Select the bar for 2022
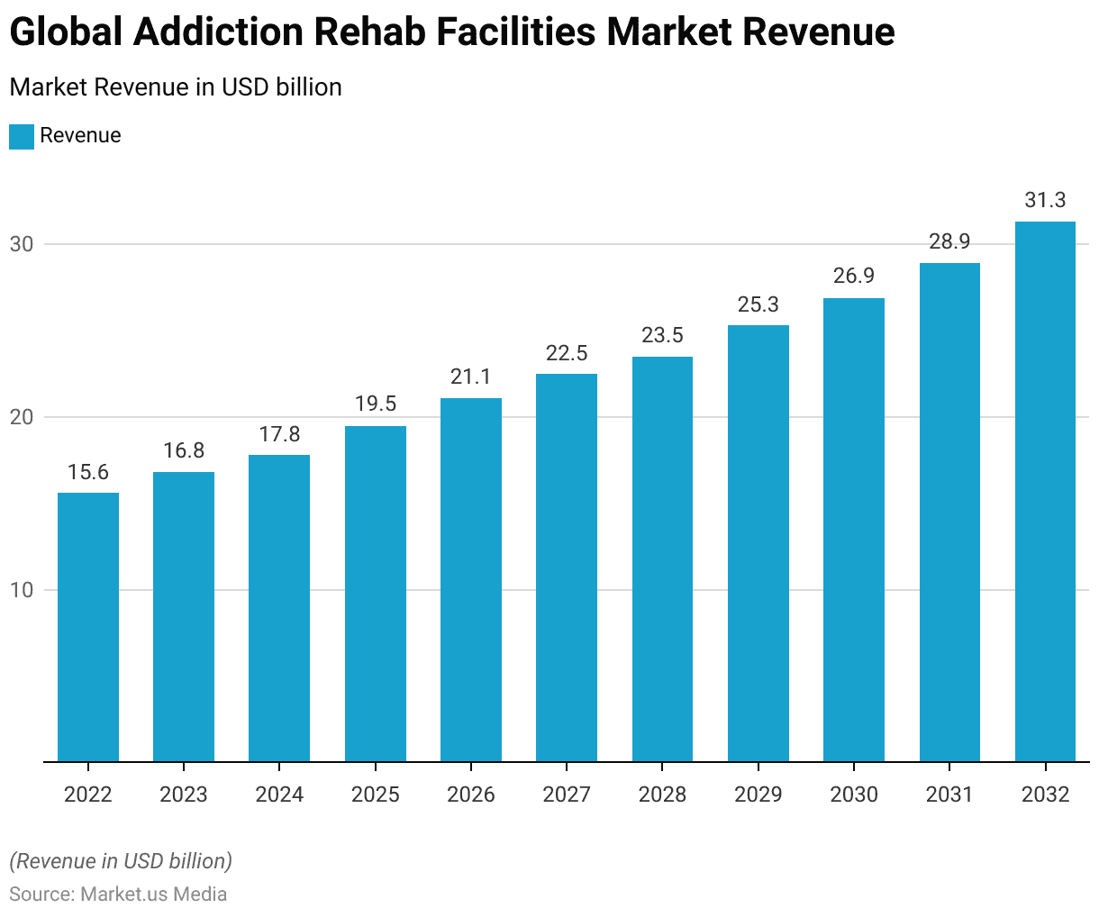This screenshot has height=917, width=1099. pyautogui.click(x=88, y=627)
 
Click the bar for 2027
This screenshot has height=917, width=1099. pyautogui.click(x=567, y=567)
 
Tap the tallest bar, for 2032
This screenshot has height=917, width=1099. pyautogui.click(x=1045, y=492)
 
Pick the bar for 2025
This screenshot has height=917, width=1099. pyautogui.click(x=376, y=594)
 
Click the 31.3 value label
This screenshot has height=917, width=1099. pyautogui.click(x=1045, y=200)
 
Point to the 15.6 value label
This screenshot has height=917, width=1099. pyautogui.click(x=88, y=472)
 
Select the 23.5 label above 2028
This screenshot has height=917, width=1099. pyautogui.click(x=662, y=335)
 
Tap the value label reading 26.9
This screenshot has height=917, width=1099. pyautogui.click(x=854, y=276)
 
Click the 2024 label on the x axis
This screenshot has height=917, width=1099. pyautogui.click(x=279, y=794)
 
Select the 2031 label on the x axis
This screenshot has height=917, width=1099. pyautogui.click(x=949, y=794)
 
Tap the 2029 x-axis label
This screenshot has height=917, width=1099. pyautogui.click(x=758, y=794)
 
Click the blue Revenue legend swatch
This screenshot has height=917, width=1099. pyautogui.click(x=22, y=136)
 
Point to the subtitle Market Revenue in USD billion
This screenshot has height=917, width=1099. pyautogui.click(x=176, y=87)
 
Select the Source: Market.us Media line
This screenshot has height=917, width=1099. pyautogui.click(x=118, y=894)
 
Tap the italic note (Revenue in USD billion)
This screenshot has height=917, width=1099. pyautogui.click(x=121, y=861)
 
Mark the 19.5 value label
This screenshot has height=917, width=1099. pyautogui.click(x=376, y=404)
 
